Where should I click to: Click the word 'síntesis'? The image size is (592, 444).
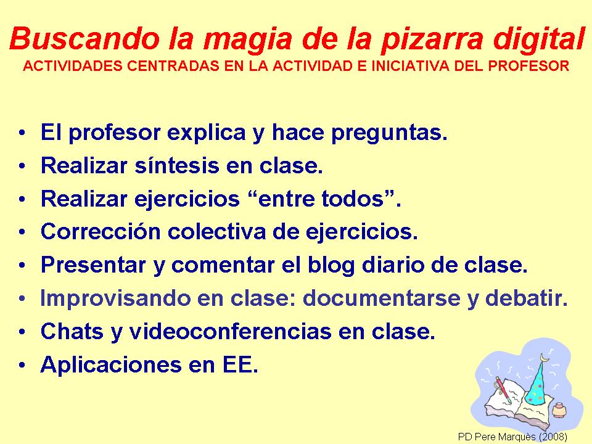tap(177, 165)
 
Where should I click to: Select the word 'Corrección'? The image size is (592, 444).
tap(101, 231)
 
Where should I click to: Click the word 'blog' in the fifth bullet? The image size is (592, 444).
tap(331, 265)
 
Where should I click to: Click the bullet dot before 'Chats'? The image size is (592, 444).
tap(22, 332)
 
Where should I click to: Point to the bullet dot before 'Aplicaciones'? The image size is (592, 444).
tap(22, 365)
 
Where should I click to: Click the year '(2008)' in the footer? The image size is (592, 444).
tap(553, 437)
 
